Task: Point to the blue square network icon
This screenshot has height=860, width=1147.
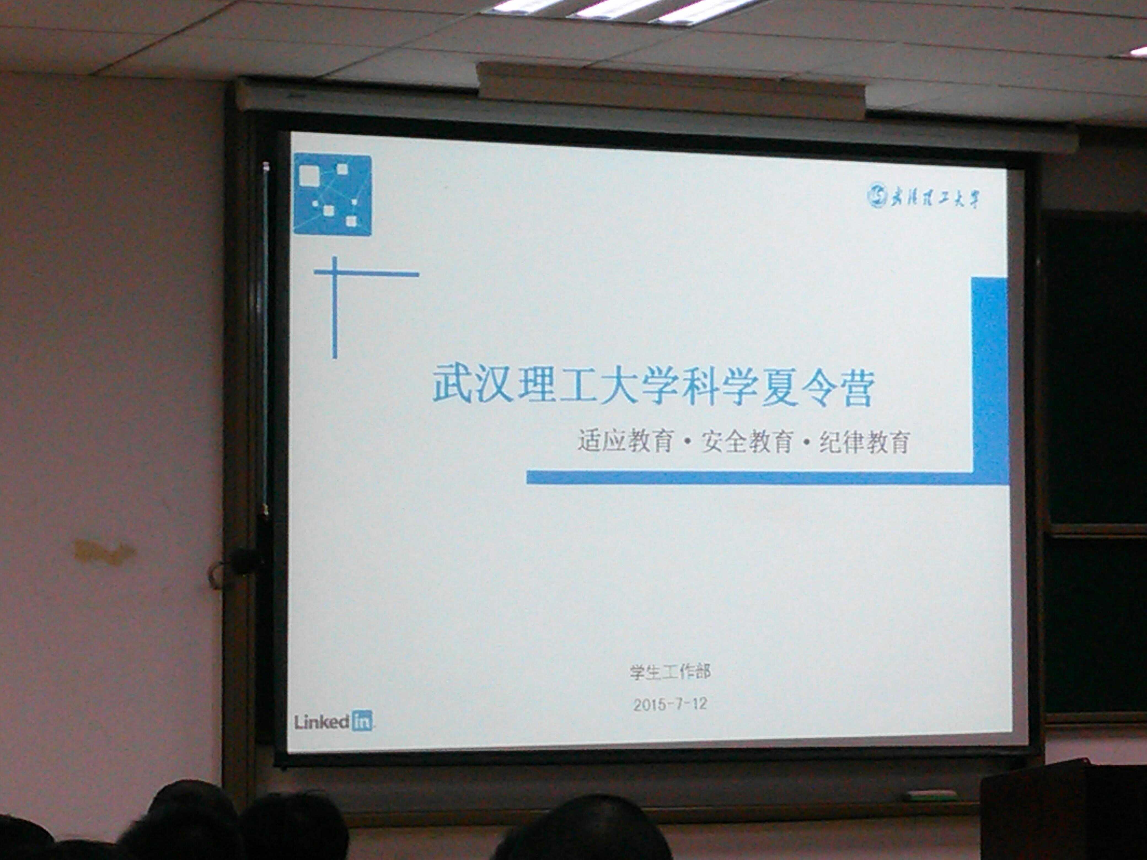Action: pos(332,194)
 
